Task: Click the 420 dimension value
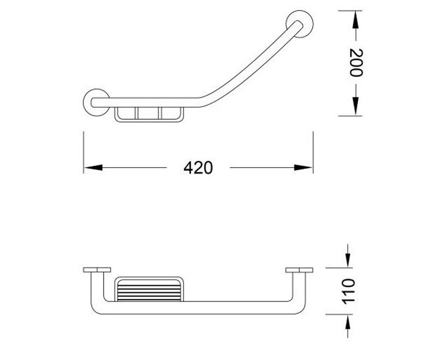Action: (x=198, y=168)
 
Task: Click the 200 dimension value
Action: (x=356, y=63)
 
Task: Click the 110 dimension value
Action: (x=348, y=292)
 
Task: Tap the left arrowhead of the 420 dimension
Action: (x=93, y=168)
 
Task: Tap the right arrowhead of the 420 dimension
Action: (x=303, y=168)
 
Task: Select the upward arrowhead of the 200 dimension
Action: (x=355, y=20)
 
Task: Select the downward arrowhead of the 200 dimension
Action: (x=355, y=106)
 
